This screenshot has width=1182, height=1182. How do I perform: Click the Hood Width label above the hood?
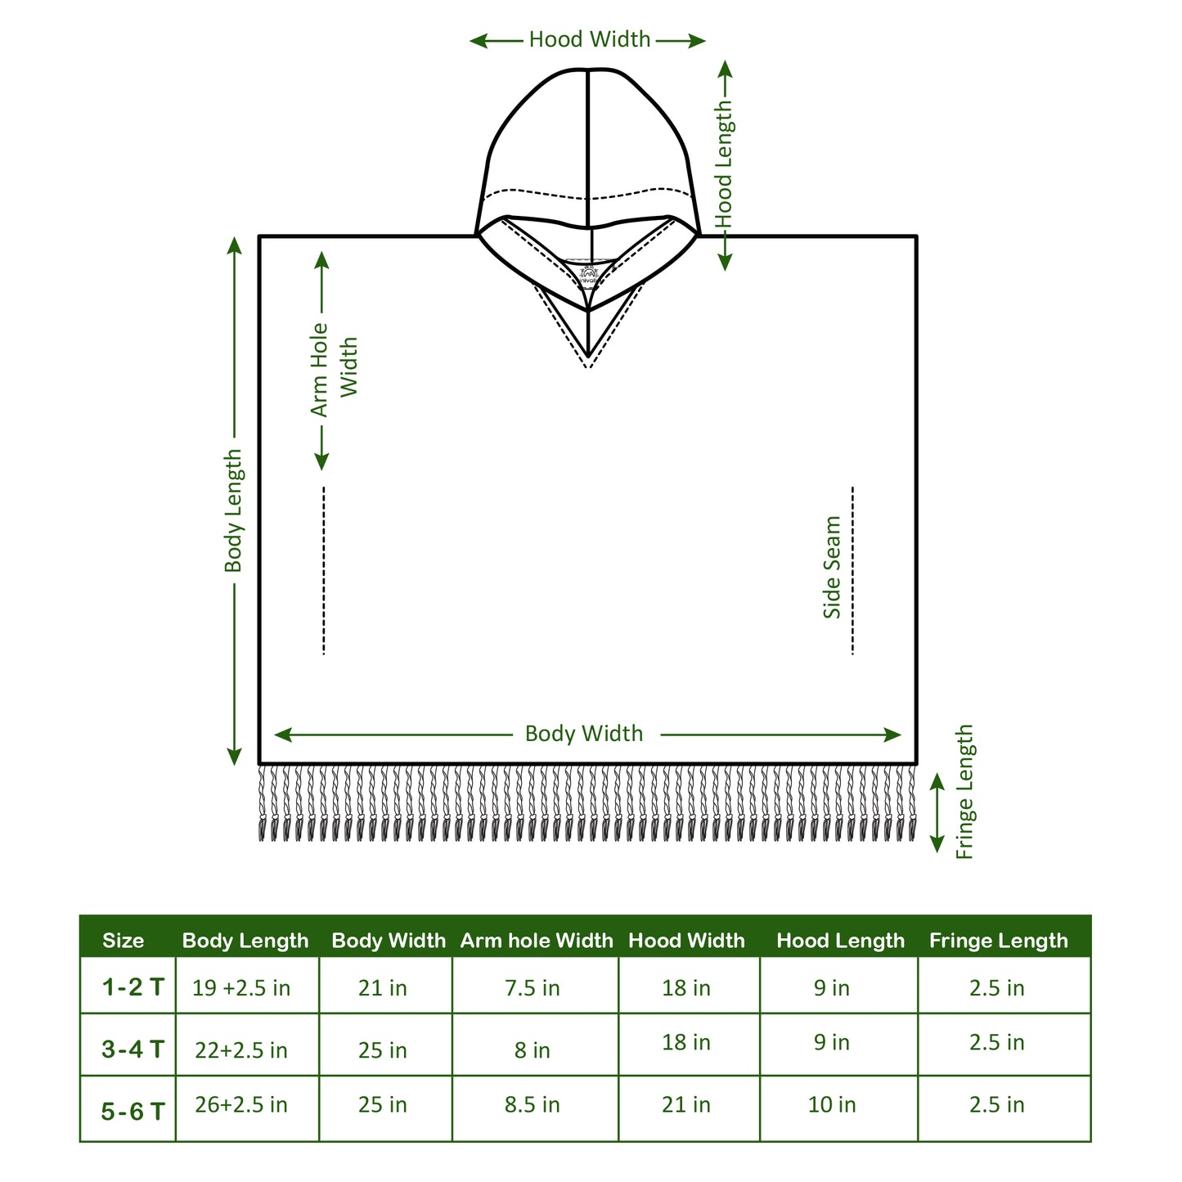[x=590, y=40]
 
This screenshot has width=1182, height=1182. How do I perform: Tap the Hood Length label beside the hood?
[x=724, y=165]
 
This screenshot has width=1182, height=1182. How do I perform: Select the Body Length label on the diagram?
[x=233, y=511]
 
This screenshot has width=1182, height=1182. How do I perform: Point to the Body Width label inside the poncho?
[x=584, y=734]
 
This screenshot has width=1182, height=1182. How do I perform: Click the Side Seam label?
[x=831, y=568]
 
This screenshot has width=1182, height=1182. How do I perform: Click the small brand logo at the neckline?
[x=588, y=272]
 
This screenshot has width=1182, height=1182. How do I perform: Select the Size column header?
[x=124, y=941]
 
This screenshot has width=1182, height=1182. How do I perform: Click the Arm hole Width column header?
[x=537, y=941]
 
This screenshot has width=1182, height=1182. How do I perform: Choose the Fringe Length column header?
[x=999, y=941]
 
